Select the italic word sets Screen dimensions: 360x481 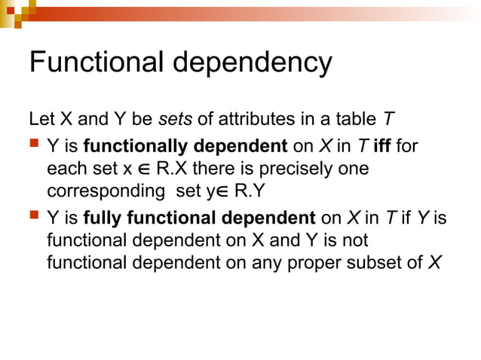click(176, 119)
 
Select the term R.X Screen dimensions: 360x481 click(173, 169)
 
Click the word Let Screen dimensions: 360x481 click(41, 119)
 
